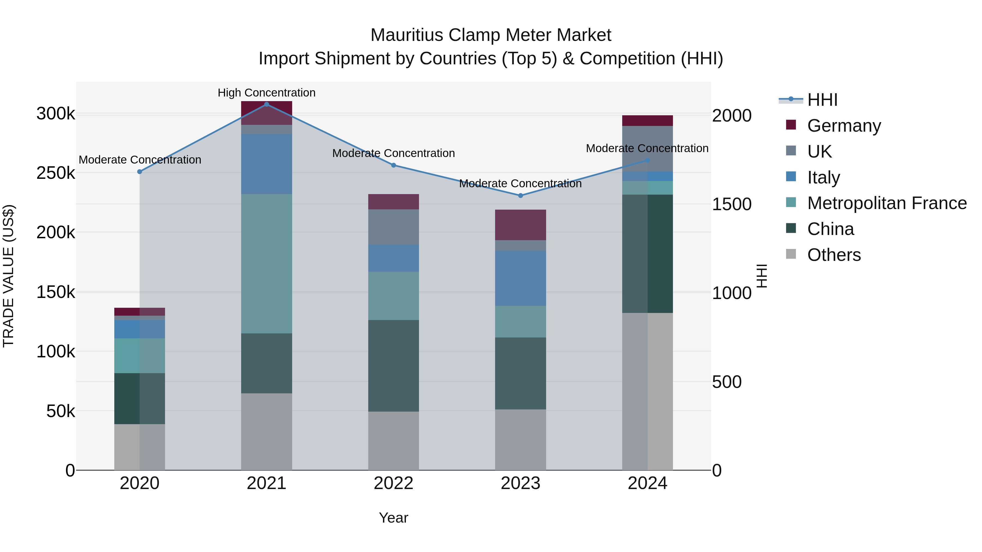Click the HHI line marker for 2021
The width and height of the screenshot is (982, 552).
267,104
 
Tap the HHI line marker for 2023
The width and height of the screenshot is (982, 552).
520,195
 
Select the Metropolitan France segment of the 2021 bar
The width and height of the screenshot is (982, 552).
267,264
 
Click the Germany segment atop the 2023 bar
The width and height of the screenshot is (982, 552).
520,225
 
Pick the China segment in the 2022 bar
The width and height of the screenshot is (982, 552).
393,366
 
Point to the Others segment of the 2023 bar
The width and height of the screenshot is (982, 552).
520,440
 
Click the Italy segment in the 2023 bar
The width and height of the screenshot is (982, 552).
520,278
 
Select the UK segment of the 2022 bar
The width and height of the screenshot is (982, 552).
393,227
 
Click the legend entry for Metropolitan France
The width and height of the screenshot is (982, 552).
887,203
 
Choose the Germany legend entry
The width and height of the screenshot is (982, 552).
844,126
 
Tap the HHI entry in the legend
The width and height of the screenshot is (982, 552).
822,100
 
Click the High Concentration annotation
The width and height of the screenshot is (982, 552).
267,93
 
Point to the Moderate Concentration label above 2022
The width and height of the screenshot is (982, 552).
393,153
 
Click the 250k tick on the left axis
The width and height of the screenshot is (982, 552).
56,173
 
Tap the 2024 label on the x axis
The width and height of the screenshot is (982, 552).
647,483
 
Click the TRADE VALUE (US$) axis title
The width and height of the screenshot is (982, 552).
8,276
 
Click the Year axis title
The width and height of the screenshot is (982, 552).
393,518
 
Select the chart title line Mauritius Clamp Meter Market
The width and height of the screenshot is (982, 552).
491,35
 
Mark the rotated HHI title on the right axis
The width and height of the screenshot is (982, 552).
761,276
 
